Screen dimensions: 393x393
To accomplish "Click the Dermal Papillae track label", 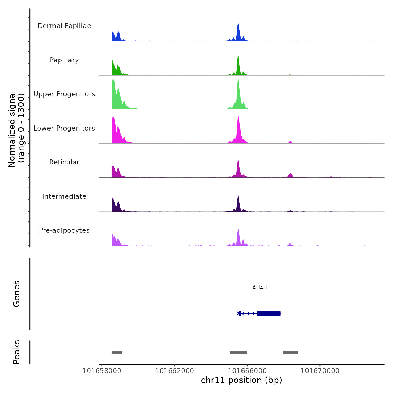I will pyautogui.click(x=64, y=26).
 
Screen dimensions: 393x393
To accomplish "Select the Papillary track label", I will pyautogui.click(x=64, y=60).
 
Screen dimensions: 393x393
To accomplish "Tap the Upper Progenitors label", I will pyautogui.click(x=64, y=94).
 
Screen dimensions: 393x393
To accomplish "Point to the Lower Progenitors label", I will pyautogui.click(x=64, y=128).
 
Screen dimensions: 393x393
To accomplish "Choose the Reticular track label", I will pyautogui.click(x=64, y=162).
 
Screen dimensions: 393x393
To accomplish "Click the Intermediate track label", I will pyautogui.click(x=64, y=196).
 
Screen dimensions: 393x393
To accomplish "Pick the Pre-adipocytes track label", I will pyautogui.click(x=64, y=230).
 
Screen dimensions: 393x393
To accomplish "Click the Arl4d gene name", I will pyautogui.click(x=259, y=287).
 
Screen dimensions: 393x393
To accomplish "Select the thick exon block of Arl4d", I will pyautogui.click(x=269, y=313).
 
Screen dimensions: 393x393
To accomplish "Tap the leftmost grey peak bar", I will pyautogui.click(x=116, y=352).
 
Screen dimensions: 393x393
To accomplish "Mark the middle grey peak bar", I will pyautogui.click(x=239, y=352).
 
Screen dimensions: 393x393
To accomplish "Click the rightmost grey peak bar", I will pyautogui.click(x=291, y=352).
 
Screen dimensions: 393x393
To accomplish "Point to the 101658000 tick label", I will pyautogui.click(x=102, y=371).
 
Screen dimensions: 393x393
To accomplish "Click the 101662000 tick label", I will pyautogui.click(x=174, y=371).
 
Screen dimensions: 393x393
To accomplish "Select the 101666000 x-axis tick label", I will pyautogui.click(x=247, y=371).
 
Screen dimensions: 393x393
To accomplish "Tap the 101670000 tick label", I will pyautogui.click(x=320, y=371).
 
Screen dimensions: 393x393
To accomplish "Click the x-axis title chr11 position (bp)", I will pyautogui.click(x=241, y=380).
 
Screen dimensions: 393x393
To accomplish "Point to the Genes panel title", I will pyautogui.click(x=17, y=294).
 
